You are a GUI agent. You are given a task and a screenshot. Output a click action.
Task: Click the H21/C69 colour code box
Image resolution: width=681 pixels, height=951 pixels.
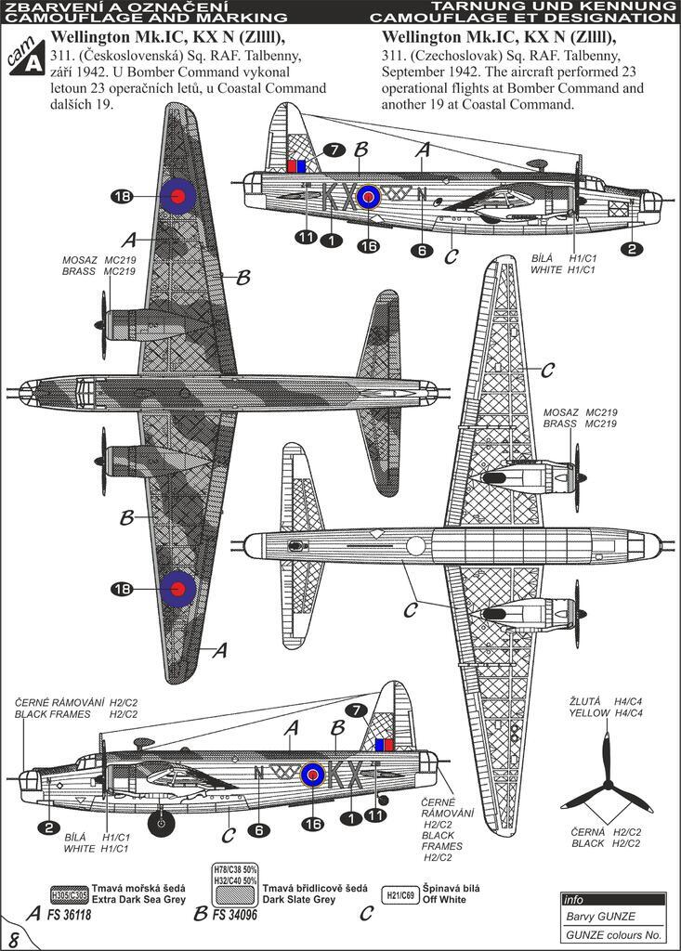[400, 894]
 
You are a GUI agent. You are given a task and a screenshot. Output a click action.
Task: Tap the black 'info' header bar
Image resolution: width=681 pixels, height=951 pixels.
[612, 899]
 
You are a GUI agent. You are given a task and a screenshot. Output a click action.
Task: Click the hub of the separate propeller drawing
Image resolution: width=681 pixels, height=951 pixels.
[609, 786]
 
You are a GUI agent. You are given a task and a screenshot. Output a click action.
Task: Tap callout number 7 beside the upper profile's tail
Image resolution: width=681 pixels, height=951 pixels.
[335, 150]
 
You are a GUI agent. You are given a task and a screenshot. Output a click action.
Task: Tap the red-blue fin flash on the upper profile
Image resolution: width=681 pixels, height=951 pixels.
[296, 166]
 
